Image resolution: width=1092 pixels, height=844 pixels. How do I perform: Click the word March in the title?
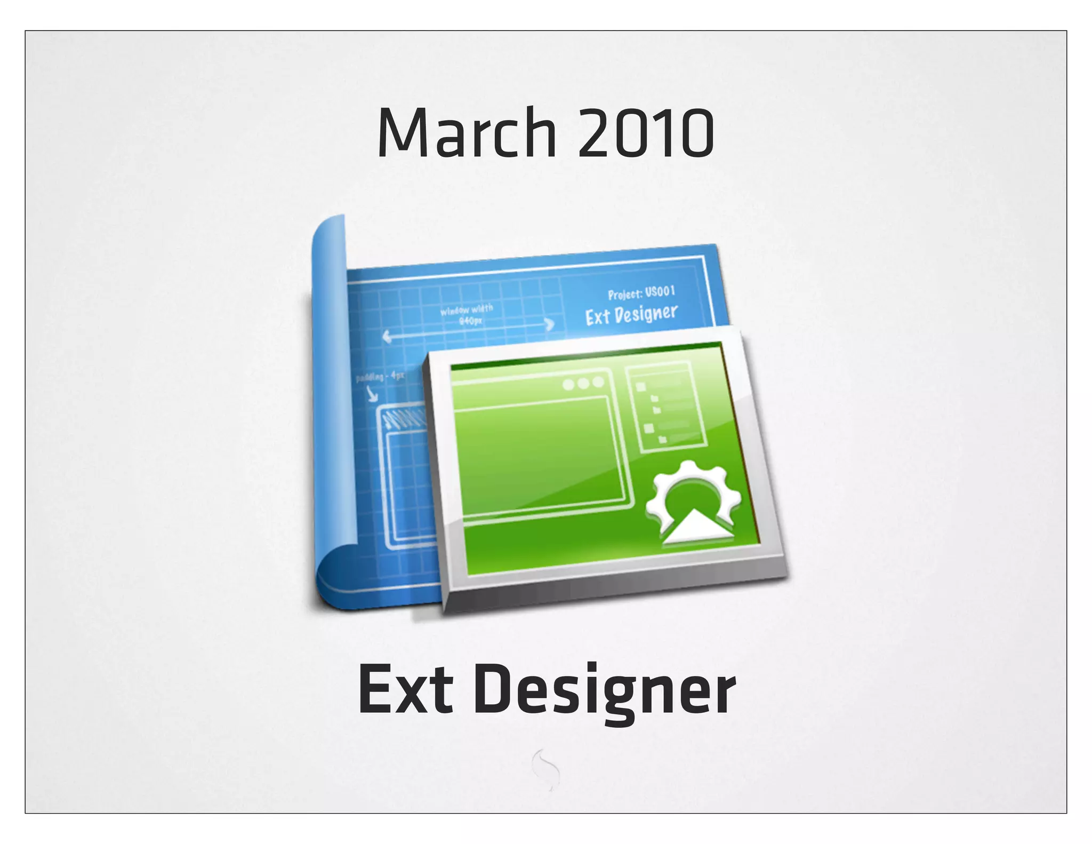[x=467, y=133]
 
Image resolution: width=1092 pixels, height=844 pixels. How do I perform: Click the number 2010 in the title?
[x=646, y=133]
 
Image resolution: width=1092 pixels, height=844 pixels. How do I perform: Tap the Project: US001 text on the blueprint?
[x=641, y=293]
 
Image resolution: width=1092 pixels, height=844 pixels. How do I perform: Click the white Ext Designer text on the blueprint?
[x=631, y=315]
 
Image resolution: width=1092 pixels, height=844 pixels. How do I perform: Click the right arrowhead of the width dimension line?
[x=549, y=324]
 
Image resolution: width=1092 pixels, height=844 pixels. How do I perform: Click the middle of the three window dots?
[x=583, y=383]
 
